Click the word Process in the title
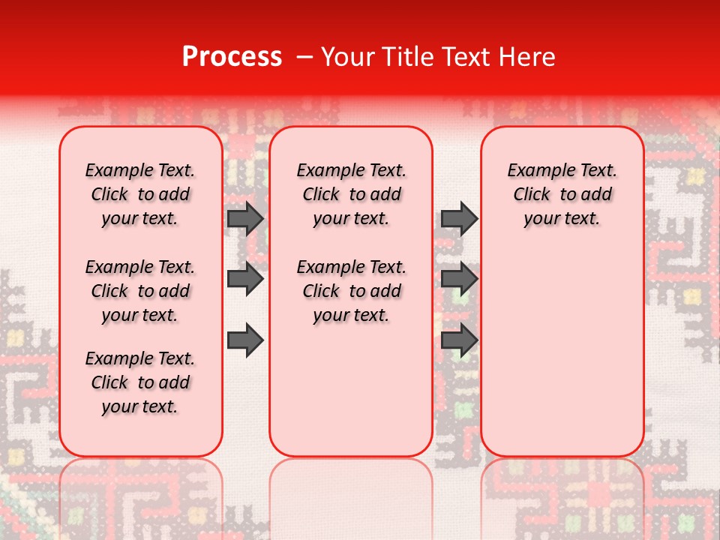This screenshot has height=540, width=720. point(232,57)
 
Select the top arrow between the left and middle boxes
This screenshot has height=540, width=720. point(245,218)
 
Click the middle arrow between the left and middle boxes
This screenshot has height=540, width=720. point(245,279)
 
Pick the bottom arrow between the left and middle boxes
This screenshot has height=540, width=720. point(245,340)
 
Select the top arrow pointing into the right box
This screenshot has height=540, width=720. point(459,218)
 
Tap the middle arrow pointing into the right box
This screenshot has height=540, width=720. point(459,279)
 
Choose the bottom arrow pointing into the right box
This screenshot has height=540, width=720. point(459,340)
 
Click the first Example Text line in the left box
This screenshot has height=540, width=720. point(140,170)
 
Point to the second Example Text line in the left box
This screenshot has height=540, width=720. point(140,267)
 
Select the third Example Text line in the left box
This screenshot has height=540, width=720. point(140,358)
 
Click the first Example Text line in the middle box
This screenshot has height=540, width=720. point(351,170)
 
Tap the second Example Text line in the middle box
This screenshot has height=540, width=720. point(351,267)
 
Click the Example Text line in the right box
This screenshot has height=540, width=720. point(562,170)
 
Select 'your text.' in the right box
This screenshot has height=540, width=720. point(562,219)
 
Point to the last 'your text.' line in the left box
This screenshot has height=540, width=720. point(140,406)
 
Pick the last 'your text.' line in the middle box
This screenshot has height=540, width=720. point(351,316)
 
